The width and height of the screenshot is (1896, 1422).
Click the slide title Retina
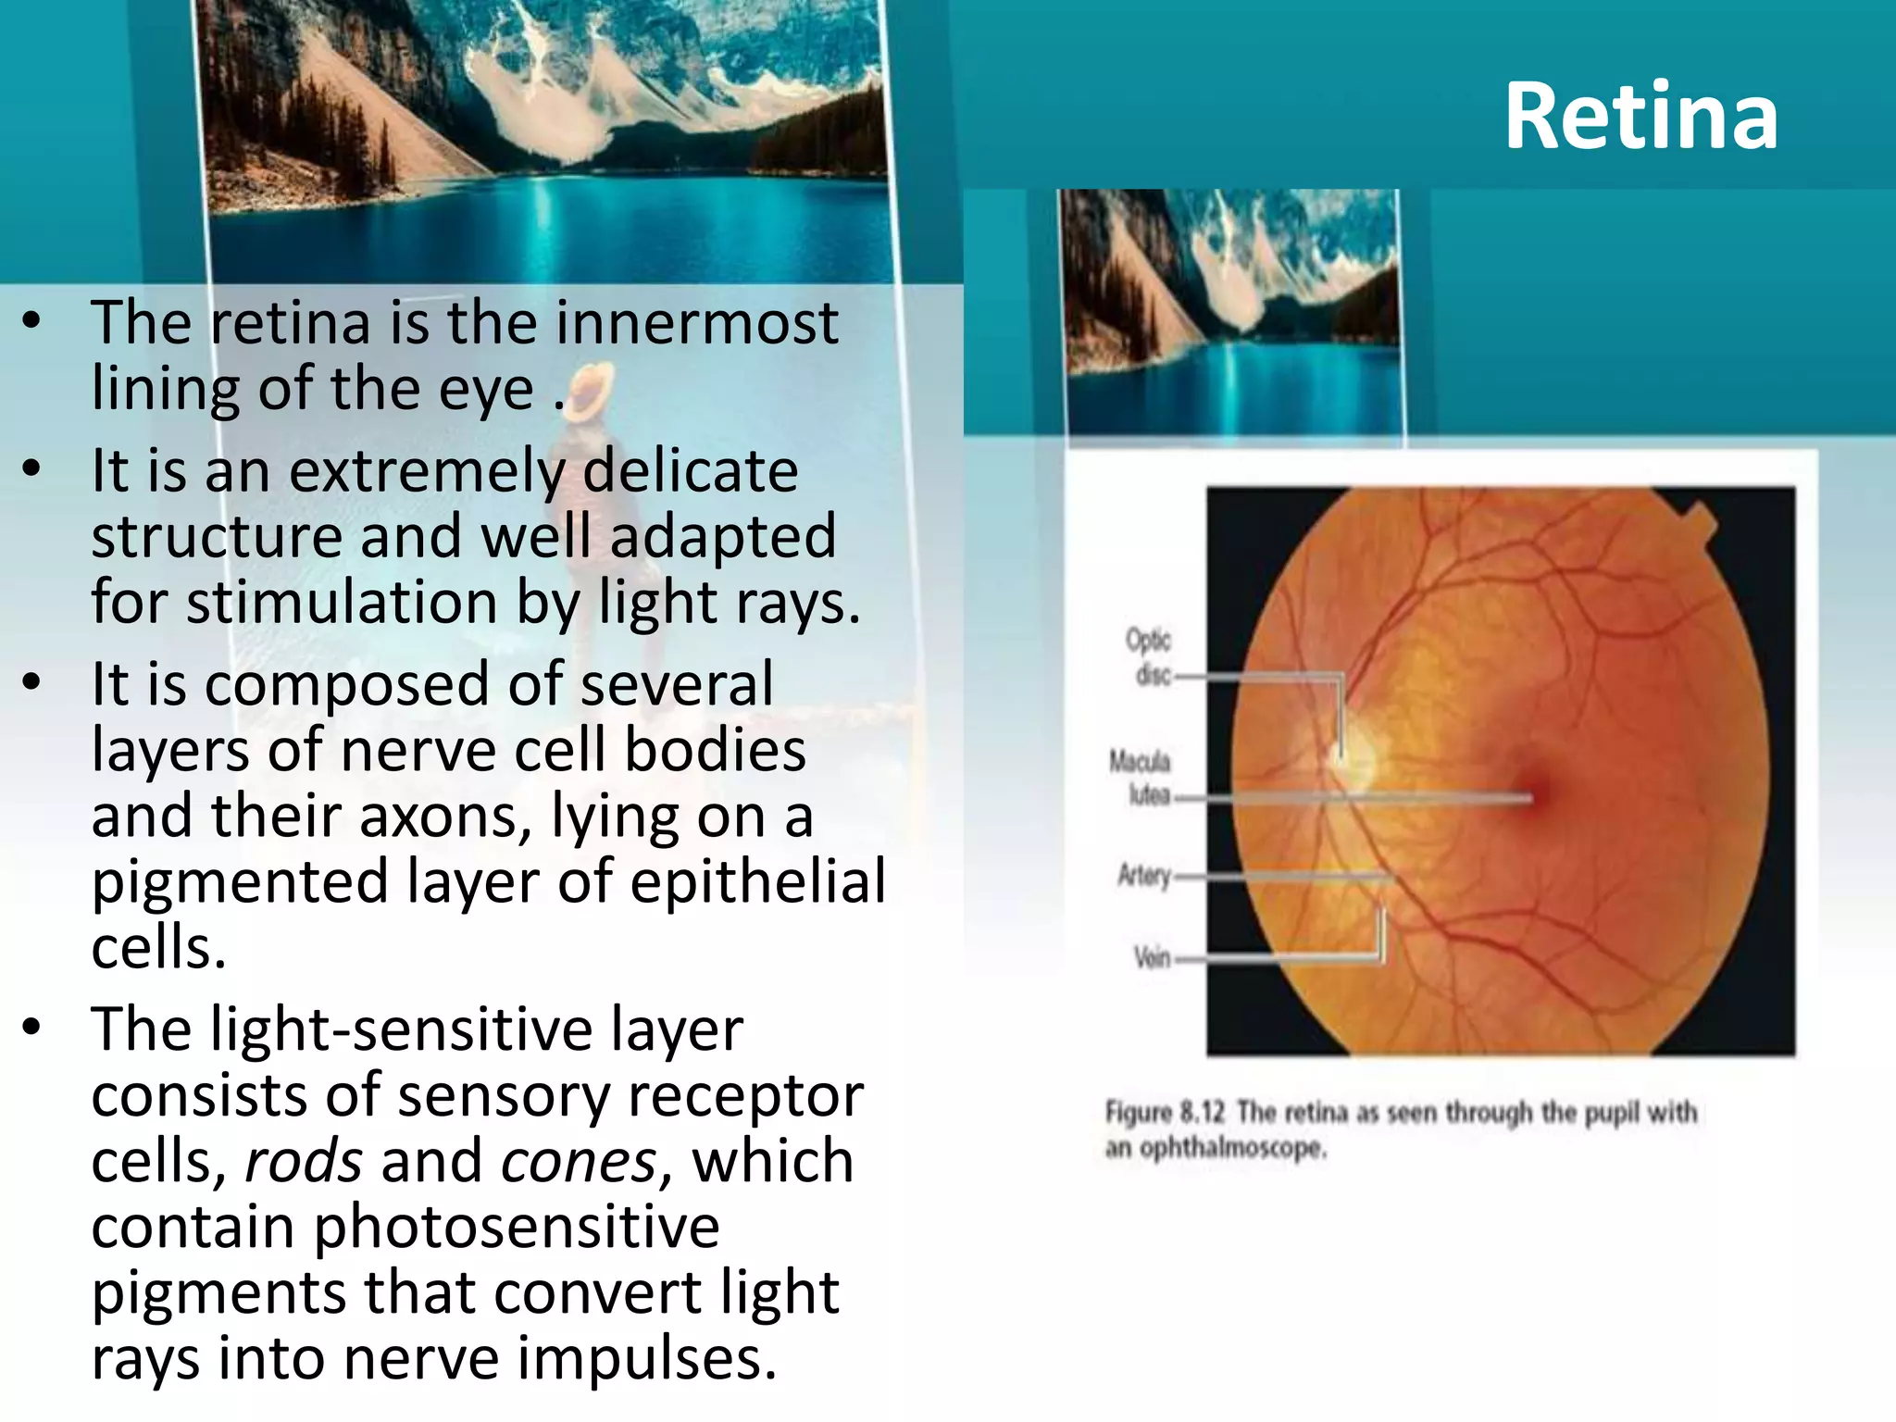click(1640, 117)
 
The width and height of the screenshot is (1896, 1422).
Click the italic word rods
click(304, 1161)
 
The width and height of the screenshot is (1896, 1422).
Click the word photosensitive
click(517, 1228)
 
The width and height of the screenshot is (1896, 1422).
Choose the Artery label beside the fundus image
click(1144, 875)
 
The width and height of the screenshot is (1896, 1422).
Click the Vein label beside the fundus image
click(1153, 956)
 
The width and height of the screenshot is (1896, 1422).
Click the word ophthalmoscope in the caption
click(1232, 1149)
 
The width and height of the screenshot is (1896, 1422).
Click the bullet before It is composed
click(32, 683)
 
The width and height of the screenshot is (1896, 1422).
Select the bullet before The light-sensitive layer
click(32, 1028)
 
